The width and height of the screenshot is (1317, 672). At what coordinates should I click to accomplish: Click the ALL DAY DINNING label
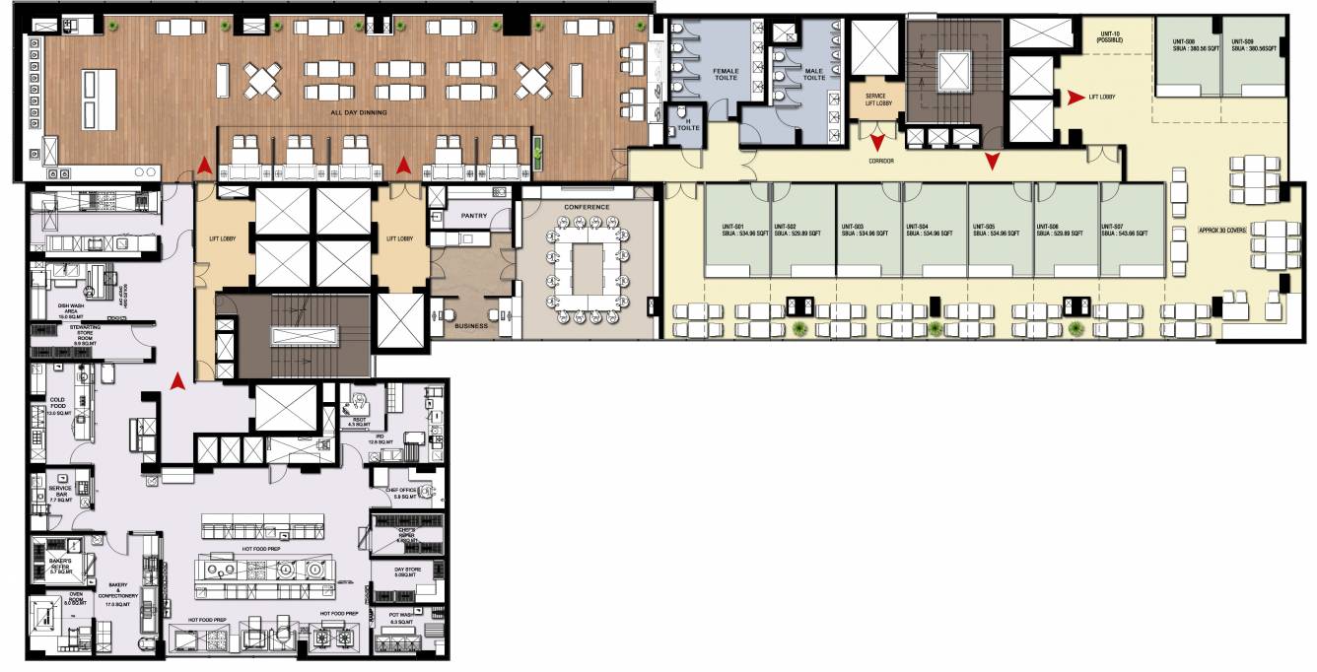[x=358, y=113]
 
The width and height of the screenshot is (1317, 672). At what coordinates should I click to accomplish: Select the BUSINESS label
[x=471, y=324]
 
